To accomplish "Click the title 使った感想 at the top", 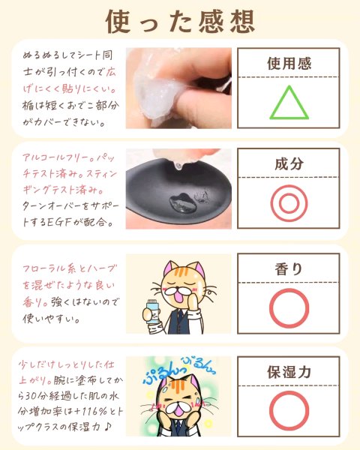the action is pyautogui.click(x=180, y=21).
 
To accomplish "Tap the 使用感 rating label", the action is pyautogui.click(x=289, y=64).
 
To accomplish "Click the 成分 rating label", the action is pyautogui.click(x=289, y=163).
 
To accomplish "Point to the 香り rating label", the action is pyautogui.click(x=289, y=269).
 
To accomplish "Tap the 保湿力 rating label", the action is pyautogui.click(x=289, y=372).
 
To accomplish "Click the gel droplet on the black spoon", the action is pyautogui.click(x=183, y=204).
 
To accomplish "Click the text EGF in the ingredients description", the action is pyautogui.click(x=58, y=222).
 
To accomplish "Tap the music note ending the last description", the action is pyautogui.click(x=107, y=427).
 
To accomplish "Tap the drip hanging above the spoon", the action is pyautogui.click(x=178, y=166).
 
